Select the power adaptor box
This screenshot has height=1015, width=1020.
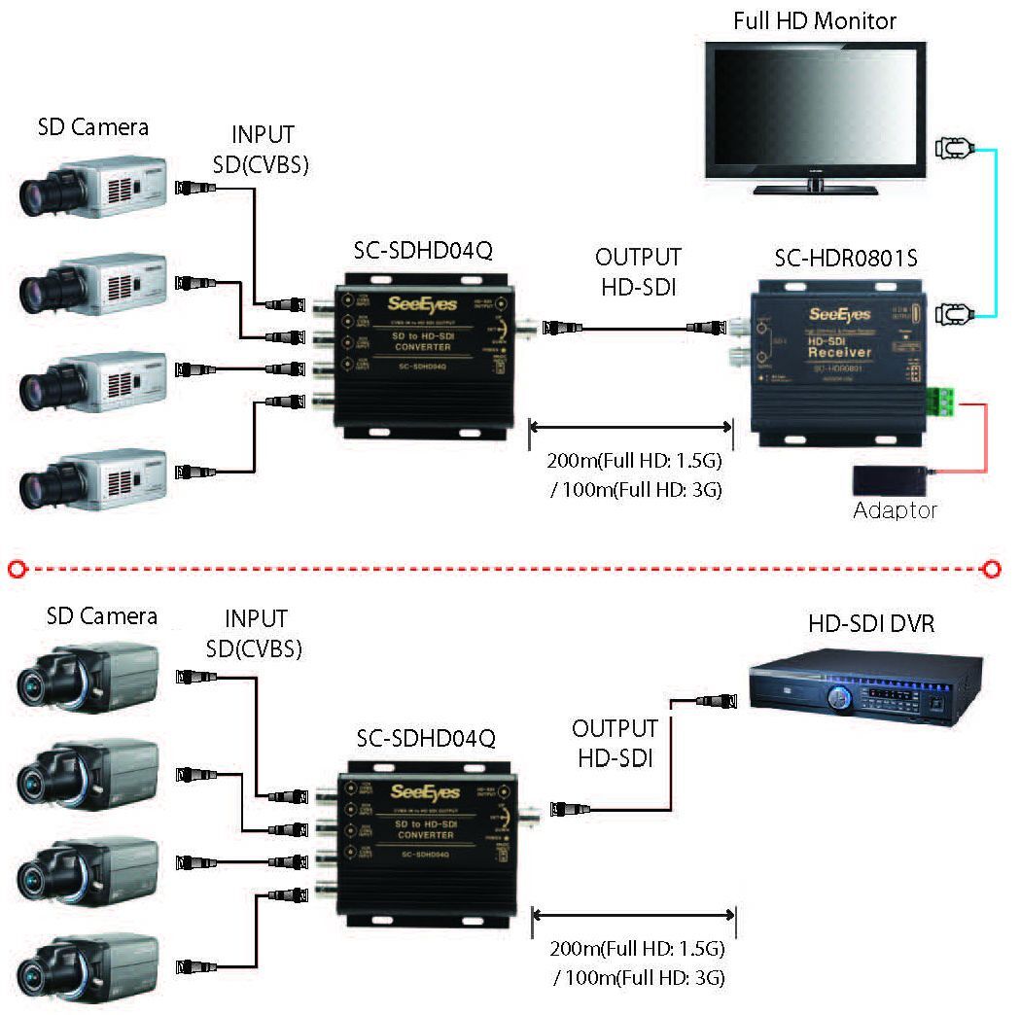click(x=889, y=479)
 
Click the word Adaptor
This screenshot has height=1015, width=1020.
click(x=895, y=510)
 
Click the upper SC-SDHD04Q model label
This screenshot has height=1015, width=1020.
click(x=423, y=252)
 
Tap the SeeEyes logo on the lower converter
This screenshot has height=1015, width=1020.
click(x=424, y=791)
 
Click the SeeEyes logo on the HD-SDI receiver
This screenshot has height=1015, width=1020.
click(x=839, y=314)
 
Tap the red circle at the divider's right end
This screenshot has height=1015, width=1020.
click(x=992, y=569)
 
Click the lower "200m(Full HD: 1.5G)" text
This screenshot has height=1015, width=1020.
click(x=638, y=948)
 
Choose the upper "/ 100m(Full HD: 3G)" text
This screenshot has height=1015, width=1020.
click(x=635, y=489)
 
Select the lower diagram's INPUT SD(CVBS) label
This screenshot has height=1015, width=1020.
click(x=256, y=633)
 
